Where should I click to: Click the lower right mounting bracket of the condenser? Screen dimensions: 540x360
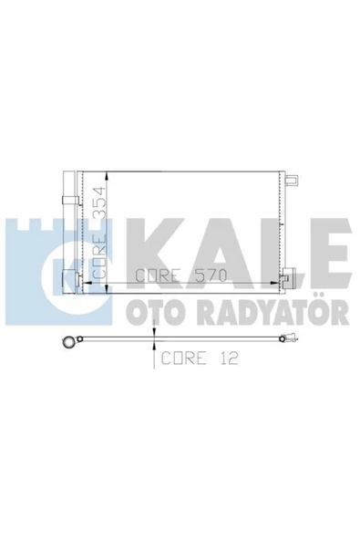pos(287,278)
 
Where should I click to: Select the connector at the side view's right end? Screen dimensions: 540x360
pos(288,344)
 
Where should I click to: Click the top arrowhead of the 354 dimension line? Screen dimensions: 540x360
pos(108,174)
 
